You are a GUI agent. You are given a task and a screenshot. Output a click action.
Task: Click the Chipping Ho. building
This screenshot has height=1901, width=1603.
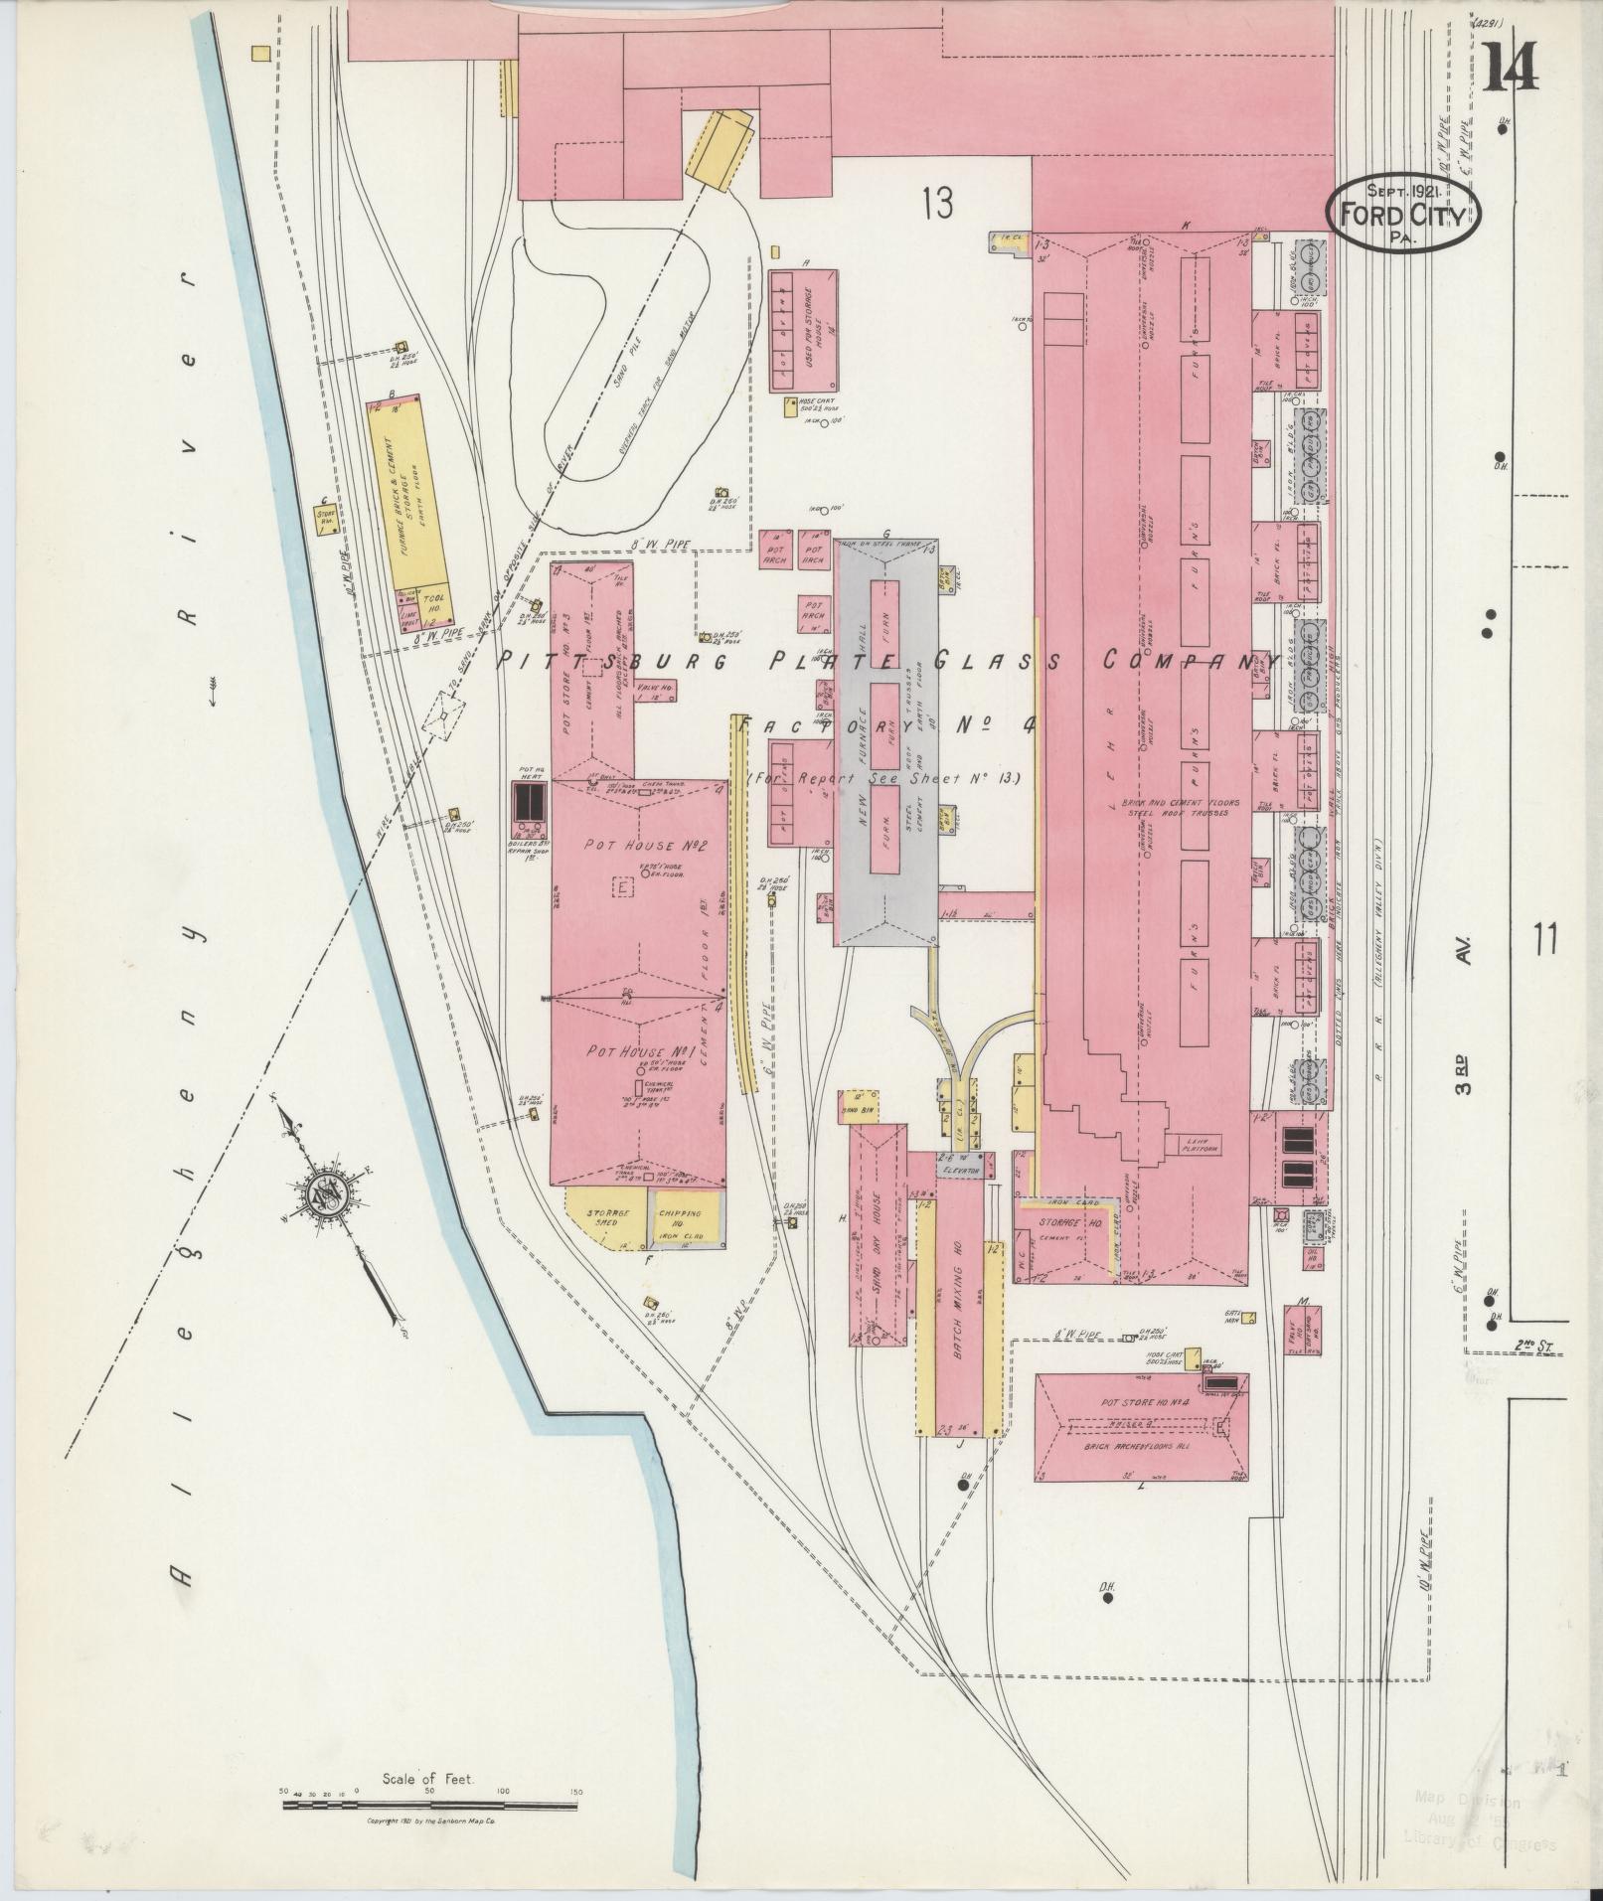click(685, 1217)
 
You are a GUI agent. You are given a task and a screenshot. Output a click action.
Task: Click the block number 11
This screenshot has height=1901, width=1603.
click(1543, 938)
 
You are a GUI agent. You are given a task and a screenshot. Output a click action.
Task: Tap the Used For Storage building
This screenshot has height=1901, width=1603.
click(803, 330)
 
